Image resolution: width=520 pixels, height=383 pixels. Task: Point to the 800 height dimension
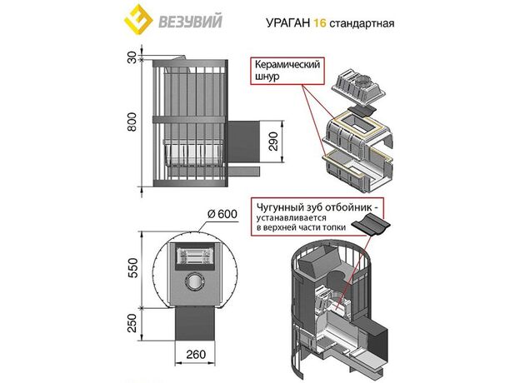[130, 122]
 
